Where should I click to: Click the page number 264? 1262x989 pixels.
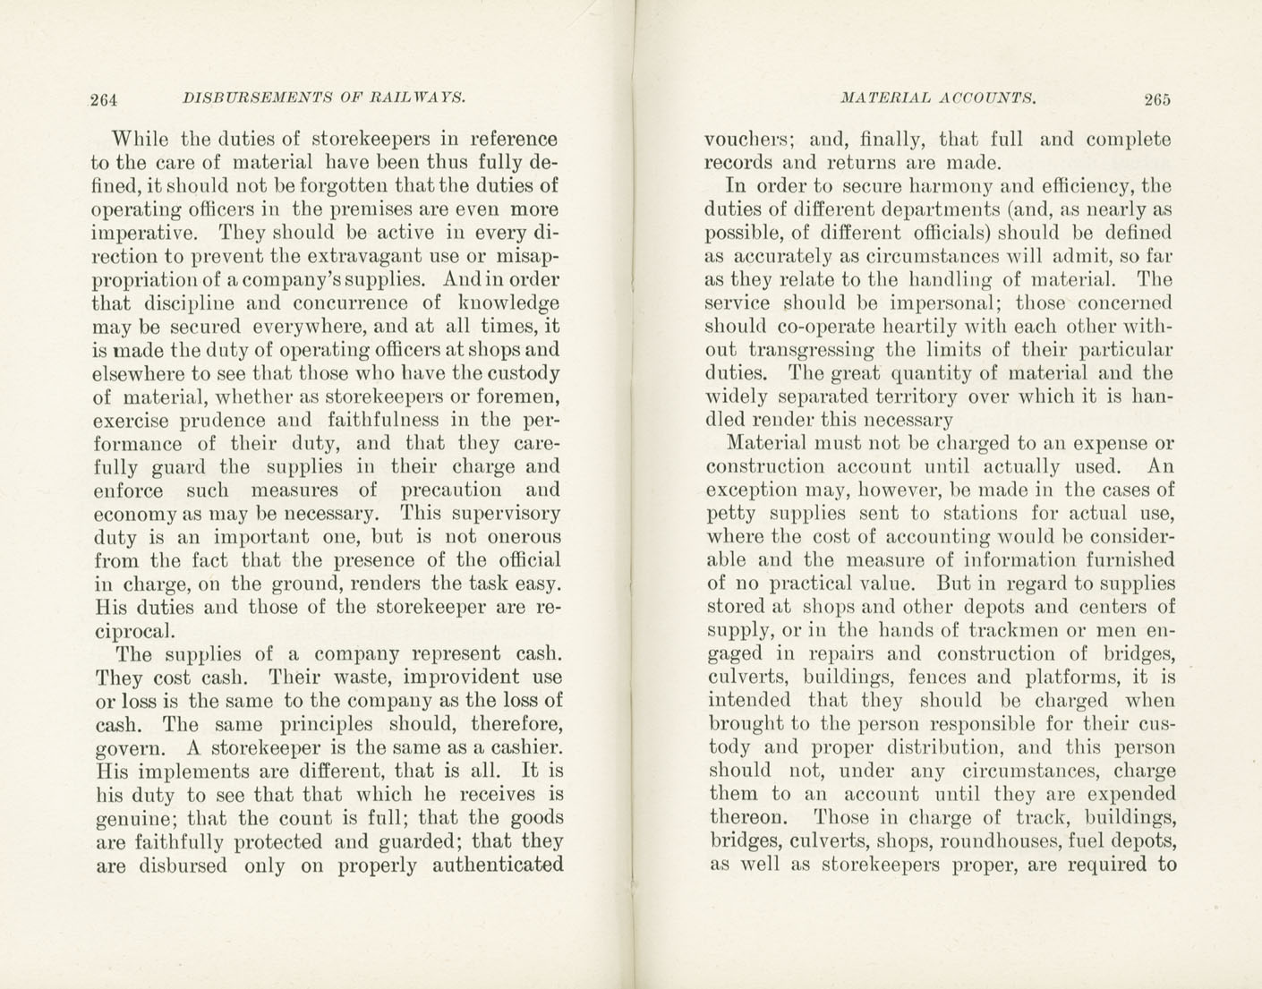click(x=105, y=99)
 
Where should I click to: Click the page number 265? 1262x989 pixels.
click(x=1156, y=99)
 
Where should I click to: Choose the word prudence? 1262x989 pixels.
click(x=222, y=420)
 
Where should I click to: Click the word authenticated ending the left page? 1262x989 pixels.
click(x=498, y=865)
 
